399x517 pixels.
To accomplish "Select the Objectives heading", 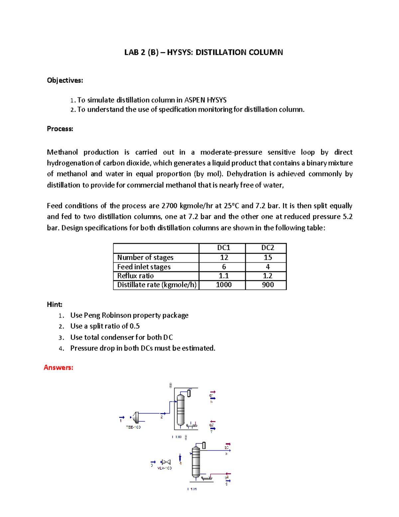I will tap(65, 80).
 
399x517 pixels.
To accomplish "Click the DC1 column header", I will tap(223, 248).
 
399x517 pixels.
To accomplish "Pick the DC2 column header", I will tap(267, 248).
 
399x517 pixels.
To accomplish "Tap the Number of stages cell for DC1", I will tap(224, 257).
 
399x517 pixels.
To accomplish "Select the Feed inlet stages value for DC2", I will tap(268, 267).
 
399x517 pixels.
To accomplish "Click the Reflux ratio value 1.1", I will tap(224, 276).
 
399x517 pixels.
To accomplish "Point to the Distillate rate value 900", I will tap(268, 285).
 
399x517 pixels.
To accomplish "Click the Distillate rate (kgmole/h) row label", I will tap(157, 285).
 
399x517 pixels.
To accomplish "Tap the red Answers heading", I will tap(59, 368).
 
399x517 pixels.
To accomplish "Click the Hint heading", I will tap(55, 304).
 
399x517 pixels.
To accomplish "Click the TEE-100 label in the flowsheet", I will tap(133, 427).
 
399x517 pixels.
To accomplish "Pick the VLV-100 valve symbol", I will tap(165, 462).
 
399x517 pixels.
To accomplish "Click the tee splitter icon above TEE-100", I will tap(135, 417).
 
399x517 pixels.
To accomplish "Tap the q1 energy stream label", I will tap(211, 395).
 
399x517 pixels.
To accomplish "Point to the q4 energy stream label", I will tap(227, 477).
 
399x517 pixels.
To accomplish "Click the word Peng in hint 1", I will tap(92, 315).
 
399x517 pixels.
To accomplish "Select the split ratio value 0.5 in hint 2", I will tap(135, 326).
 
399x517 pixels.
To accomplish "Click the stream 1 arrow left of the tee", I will tap(122, 417).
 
